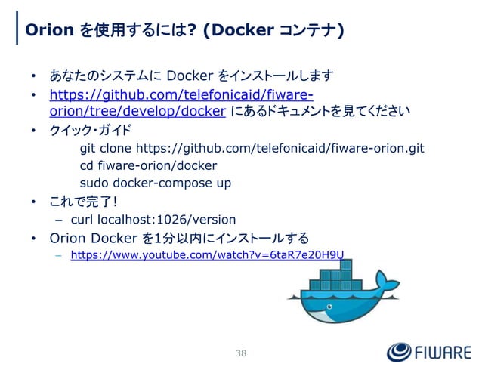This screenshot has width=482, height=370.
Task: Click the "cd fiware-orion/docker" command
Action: pos(148,165)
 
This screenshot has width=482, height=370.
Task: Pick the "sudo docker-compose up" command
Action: pos(156,183)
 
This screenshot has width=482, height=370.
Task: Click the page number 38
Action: pos(241,353)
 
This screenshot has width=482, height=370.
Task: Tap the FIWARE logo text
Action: pos(441,353)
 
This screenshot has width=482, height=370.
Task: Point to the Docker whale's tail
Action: pos(385,283)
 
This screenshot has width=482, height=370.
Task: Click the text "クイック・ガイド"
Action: pos(90,129)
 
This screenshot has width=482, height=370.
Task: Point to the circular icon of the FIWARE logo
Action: pos(399,353)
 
